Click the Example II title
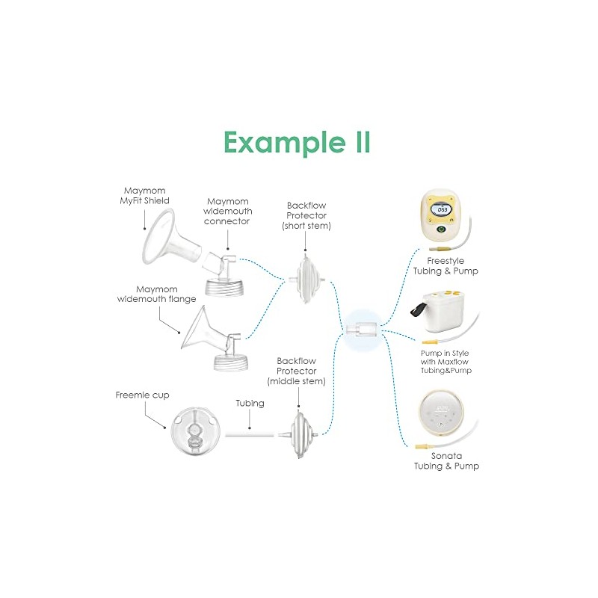[297, 143]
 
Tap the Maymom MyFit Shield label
[144, 196]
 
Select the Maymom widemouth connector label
[228, 212]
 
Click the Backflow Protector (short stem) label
[306, 215]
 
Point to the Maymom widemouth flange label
[157, 294]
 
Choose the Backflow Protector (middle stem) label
[296, 371]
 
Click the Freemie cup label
[142, 395]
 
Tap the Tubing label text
[250, 404]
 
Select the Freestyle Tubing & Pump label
[446, 266]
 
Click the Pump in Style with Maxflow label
[446, 362]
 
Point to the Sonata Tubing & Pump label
[446, 460]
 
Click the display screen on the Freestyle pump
[442, 209]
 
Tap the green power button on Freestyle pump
[441, 229]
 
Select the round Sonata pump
[442, 416]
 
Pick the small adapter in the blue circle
[362, 328]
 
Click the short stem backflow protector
[307, 280]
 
